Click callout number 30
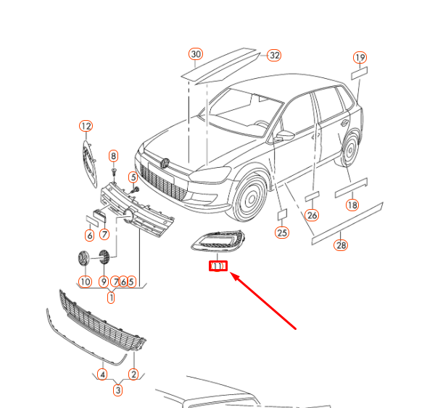point(196,54)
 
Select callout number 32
point(273,55)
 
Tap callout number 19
point(360,58)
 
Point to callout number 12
point(86,127)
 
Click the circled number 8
point(113,156)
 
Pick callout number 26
point(312,215)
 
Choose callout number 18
point(352,205)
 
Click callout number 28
point(341,245)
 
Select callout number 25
point(282,232)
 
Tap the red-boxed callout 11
point(218,266)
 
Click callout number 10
point(85,281)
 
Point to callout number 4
point(103,374)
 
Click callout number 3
point(118,391)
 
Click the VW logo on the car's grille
point(166,163)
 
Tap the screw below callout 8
point(115,171)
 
